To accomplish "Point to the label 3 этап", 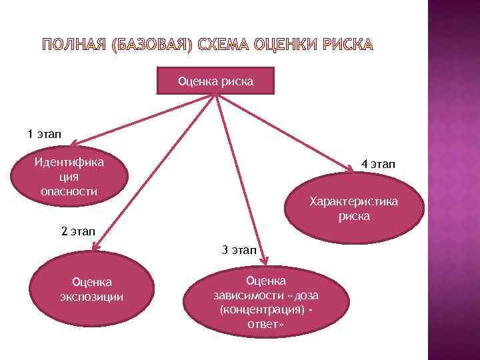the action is (x=238, y=250).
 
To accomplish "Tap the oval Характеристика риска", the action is (x=353, y=209).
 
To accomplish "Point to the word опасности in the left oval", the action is (x=69, y=191).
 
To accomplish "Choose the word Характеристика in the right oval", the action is (x=353, y=201).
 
